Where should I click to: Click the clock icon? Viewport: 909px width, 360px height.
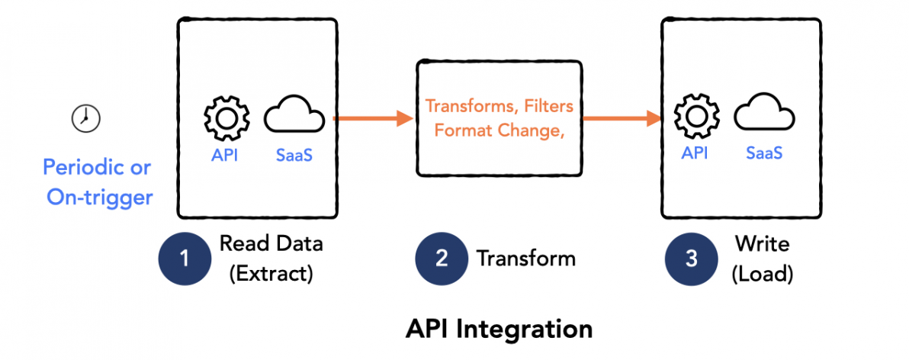86,117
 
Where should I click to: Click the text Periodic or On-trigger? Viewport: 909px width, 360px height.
98,182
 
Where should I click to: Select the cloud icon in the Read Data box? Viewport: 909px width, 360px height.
294,118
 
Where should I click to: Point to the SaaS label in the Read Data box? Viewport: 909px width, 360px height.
294,155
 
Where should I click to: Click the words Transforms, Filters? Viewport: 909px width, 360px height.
499,105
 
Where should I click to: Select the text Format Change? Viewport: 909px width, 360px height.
498,130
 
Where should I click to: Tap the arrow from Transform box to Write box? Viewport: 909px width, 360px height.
622,118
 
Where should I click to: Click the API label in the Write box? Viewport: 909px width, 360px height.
694,153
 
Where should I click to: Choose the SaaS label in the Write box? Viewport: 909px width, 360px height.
764,153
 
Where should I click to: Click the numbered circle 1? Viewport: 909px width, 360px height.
184,259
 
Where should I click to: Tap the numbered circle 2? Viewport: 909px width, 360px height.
441,259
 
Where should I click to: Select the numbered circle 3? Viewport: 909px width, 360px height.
691,259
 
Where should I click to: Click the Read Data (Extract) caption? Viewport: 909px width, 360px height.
271,259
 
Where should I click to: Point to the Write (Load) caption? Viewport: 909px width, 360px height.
762,259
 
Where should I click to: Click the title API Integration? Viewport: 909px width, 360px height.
499,329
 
